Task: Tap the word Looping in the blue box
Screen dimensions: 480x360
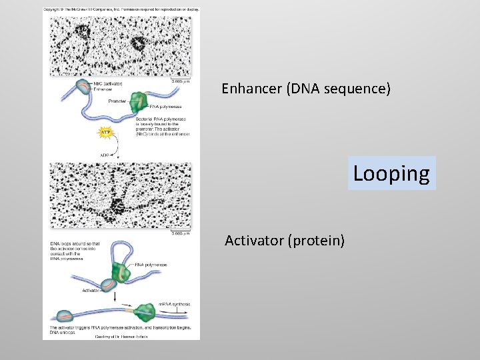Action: tap(391, 173)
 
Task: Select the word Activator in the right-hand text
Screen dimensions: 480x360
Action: tap(254, 240)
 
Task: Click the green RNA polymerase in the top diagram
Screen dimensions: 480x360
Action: tap(138, 102)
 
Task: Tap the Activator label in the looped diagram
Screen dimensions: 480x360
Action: tap(91, 291)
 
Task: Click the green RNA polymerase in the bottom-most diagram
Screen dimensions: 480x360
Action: tap(145, 312)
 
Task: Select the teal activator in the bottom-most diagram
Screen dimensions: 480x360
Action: tap(65, 317)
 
